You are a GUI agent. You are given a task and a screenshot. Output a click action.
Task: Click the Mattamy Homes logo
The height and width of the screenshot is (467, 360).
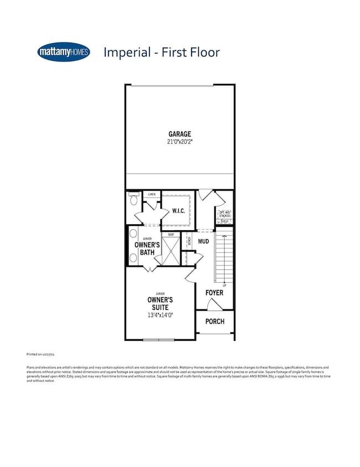(x=65, y=52)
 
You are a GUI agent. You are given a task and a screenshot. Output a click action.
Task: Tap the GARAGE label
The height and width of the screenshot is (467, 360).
(x=180, y=134)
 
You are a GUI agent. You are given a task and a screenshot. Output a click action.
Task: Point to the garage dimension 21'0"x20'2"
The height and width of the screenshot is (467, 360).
(x=180, y=142)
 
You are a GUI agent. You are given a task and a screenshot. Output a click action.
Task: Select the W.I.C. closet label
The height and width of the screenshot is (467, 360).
(x=177, y=210)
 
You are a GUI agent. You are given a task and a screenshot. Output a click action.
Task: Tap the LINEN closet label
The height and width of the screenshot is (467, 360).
(x=152, y=195)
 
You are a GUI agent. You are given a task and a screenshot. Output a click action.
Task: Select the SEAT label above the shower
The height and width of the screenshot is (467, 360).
(x=171, y=235)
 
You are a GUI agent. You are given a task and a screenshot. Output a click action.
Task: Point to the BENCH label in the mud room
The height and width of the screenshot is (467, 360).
(x=189, y=241)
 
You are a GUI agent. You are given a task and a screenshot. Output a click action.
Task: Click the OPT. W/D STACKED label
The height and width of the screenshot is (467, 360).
(x=224, y=214)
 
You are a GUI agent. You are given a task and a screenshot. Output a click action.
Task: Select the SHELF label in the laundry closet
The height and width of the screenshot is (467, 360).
(x=224, y=221)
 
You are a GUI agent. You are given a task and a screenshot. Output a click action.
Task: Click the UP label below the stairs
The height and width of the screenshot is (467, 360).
(x=224, y=285)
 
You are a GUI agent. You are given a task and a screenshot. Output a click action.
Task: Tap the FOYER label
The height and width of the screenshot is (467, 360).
(x=214, y=292)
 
